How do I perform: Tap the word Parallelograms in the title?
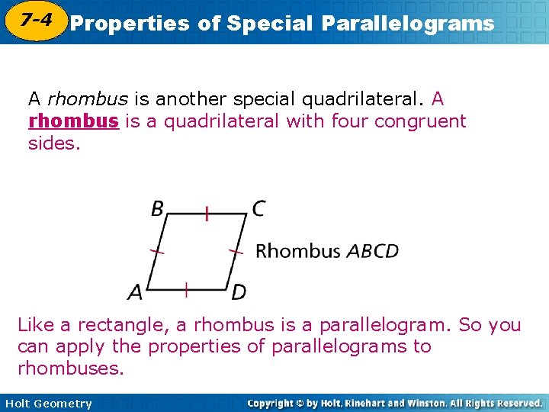click(408, 24)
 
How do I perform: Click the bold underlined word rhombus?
click(73, 121)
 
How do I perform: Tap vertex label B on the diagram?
click(158, 208)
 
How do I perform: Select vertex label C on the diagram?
click(258, 208)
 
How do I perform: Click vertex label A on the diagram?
click(136, 291)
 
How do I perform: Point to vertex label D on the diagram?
click(238, 291)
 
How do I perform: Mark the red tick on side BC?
click(206, 213)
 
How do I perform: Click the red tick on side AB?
click(156, 250)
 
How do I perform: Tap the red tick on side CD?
click(237, 250)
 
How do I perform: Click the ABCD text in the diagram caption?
click(372, 251)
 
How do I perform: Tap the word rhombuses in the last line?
click(69, 369)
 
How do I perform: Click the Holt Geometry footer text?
click(47, 404)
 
